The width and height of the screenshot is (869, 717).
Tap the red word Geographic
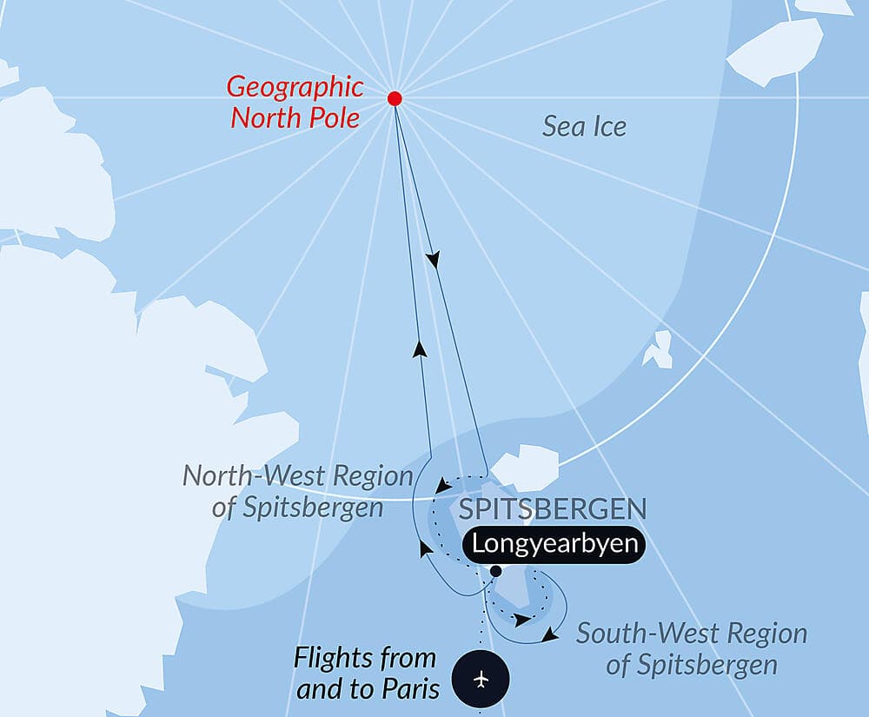click(x=295, y=87)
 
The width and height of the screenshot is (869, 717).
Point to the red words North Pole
click(x=295, y=117)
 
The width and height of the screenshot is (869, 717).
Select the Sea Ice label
click(x=584, y=127)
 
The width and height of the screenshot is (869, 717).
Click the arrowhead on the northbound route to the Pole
click(x=420, y=349)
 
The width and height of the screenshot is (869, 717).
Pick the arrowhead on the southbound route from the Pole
click(x=433, y=259)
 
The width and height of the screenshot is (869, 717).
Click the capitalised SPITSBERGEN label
click(x=552, y=509)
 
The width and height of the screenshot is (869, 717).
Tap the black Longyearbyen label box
click(x=554, y=545)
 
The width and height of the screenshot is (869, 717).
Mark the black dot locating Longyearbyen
click(x=495, y=571)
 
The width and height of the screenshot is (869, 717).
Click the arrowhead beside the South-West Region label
click(x=548, y=637)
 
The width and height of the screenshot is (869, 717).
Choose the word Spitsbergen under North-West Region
click(x=298, y=508)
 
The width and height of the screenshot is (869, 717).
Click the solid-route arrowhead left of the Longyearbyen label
click(x=425, y=548)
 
